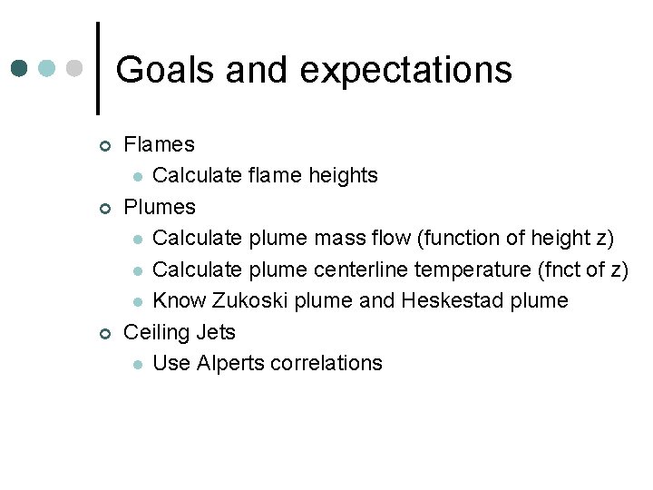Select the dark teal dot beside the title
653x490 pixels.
pos(20,68)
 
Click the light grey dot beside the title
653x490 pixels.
pos(76,68)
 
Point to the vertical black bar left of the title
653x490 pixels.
pos(97,68)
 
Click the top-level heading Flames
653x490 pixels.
pos(159,144)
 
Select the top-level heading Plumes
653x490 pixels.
pos(160,207)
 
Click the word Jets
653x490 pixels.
pos(217,332)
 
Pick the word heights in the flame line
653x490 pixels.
pos(344,175)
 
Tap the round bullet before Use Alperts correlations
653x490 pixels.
pos(137,365)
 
